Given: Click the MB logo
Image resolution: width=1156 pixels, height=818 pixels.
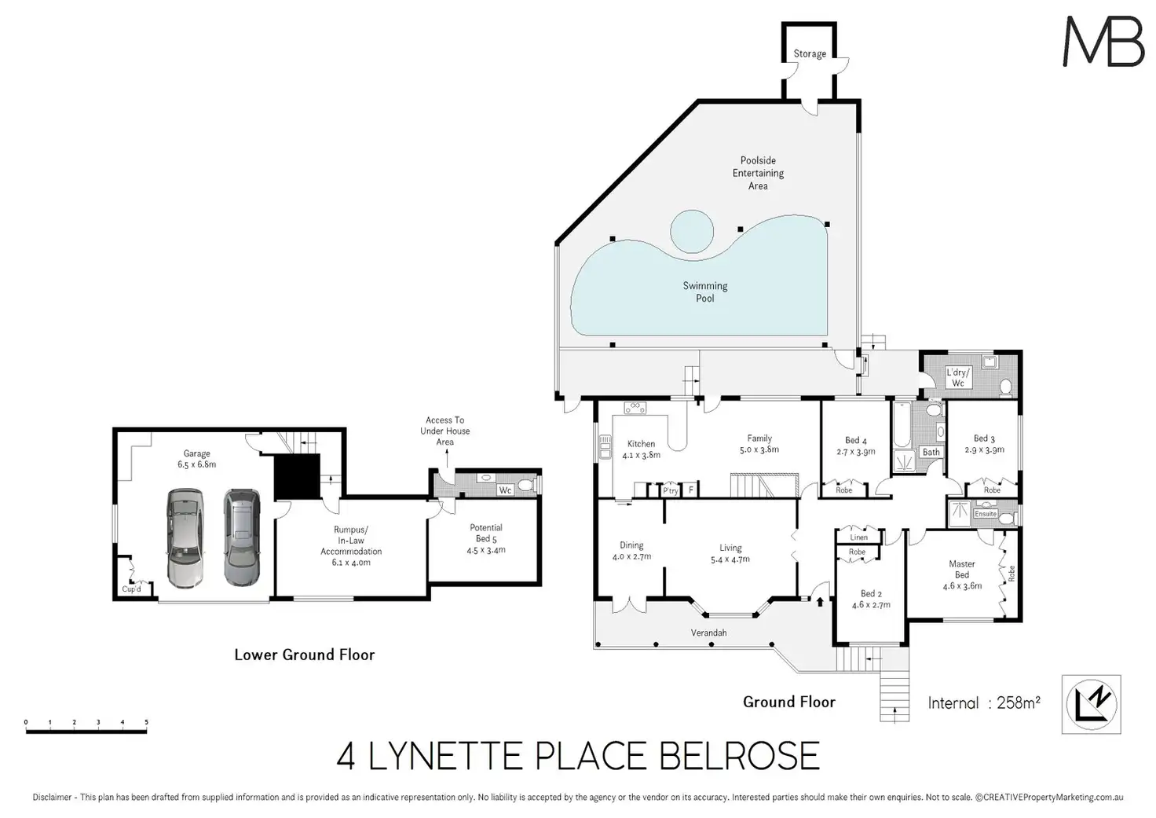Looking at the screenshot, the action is (1103, 42).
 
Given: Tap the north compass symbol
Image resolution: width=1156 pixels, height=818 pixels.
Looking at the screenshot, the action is (1092, 704).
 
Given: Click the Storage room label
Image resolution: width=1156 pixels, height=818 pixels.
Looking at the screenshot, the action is (810, 53).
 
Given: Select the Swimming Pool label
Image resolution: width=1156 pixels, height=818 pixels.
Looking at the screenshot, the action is (705, 292).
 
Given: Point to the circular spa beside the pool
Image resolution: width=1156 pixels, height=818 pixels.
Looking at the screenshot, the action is (692, 231).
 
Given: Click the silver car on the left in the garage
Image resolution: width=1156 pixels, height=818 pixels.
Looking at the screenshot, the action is (185, 538).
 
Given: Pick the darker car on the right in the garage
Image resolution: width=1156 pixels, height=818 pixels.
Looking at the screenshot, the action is (242, 537).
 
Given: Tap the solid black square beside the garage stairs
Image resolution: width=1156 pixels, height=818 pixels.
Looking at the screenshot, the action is (297, 477).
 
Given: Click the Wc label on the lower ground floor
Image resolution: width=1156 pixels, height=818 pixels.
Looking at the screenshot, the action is (505, 490).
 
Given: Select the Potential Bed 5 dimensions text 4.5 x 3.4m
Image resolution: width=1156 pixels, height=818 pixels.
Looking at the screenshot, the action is (486, 550).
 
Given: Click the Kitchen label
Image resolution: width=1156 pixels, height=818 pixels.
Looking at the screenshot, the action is (641, 444).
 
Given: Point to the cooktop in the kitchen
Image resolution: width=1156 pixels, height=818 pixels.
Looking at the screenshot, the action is (635, 408).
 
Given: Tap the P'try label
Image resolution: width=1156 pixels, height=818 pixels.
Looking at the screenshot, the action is (671, 490).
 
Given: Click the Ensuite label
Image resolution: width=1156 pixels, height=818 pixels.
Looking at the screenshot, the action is (985, 514).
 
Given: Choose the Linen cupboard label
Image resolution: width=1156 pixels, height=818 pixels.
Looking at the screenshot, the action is (858, 537).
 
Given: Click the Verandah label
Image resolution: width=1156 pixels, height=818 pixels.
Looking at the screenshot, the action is (708, 633).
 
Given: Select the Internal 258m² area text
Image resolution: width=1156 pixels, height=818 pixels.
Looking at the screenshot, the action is (984, 702).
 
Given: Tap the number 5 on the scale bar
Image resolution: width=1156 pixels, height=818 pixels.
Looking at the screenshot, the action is (147, 722).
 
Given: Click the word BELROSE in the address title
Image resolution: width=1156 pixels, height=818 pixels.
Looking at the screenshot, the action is (739, 757).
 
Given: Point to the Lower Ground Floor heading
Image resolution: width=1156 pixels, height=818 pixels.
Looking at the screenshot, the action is (305, 655).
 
